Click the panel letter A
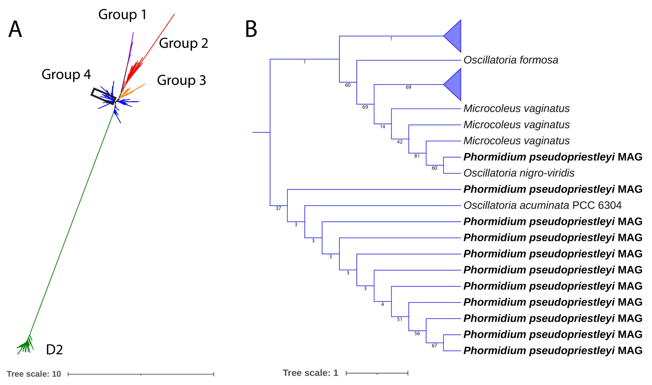click(15, 30)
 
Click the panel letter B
click(251, 29)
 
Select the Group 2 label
click(183, 43)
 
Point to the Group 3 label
click(181, 80)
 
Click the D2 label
click(54, 350)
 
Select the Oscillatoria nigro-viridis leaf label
click(519, 173)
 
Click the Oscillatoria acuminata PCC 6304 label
click(542, 205)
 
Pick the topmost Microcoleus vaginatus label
click(516, 108)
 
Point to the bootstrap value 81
click(417, 156)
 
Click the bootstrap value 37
click(278, 208)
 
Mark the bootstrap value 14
click(383, 127)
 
